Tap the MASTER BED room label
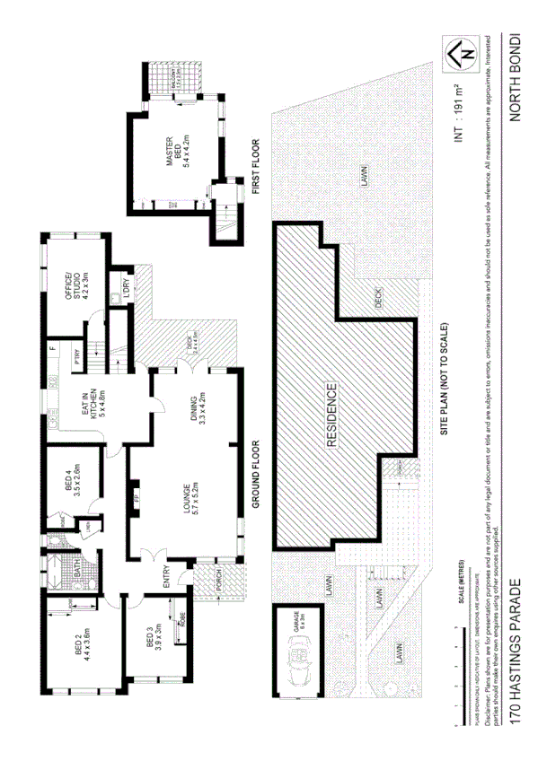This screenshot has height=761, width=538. (174, 160)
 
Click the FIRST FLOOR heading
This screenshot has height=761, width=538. (256, 169)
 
